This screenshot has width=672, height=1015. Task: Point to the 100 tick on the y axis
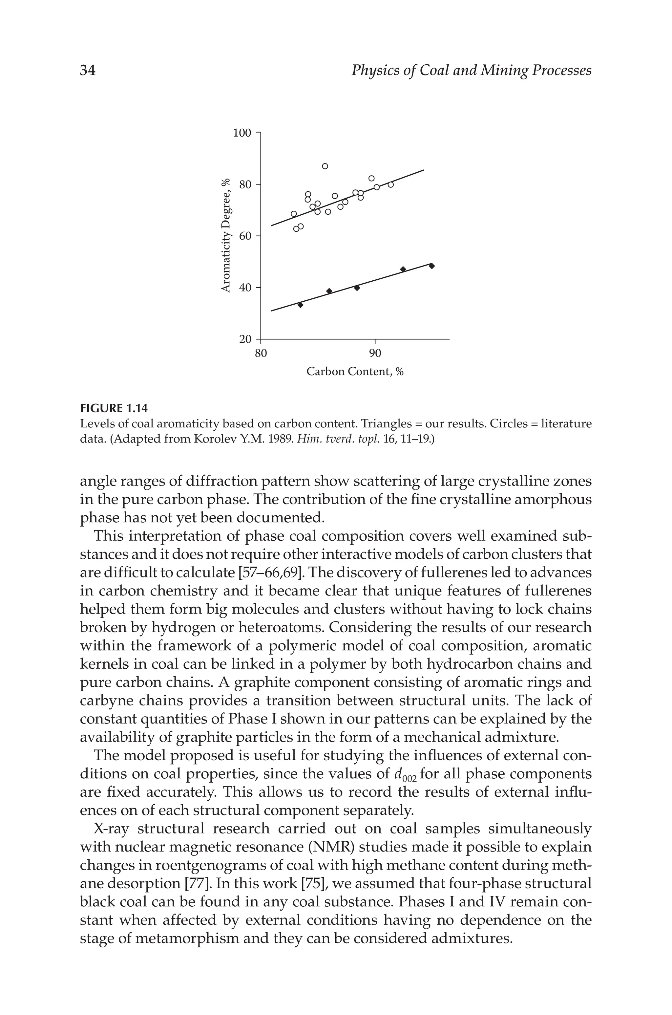[x=242, y=133]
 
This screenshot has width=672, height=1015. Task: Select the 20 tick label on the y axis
[x=245, y=339]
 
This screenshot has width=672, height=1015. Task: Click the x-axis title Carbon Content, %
[x=355, y=372]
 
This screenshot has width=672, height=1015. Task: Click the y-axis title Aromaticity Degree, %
[x=226, y=236]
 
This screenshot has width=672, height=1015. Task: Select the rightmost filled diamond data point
[x=431, y=266]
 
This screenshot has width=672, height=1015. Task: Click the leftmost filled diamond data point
[x=301, y=305]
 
